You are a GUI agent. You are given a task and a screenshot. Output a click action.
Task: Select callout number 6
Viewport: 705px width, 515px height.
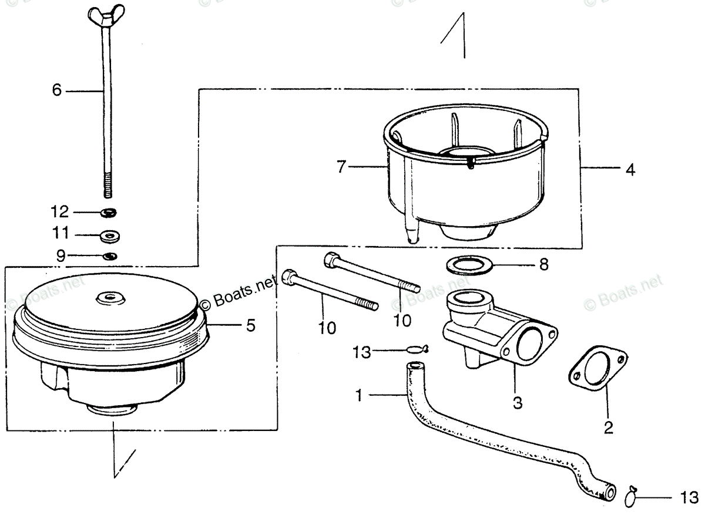click(57, 90)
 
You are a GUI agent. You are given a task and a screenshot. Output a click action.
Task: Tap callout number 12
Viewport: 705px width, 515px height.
click(61, 211)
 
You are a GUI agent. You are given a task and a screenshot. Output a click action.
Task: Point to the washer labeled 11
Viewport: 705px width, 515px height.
click(109, 235)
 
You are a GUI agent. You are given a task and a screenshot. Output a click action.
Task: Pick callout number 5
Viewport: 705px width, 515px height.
click(250, 325)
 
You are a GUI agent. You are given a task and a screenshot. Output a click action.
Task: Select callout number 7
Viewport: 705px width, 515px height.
click(341, 167)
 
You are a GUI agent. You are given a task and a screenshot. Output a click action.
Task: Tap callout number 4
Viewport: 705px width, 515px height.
click(630, 170)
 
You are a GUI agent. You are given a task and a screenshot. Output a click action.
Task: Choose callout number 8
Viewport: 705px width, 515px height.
click(543, 265)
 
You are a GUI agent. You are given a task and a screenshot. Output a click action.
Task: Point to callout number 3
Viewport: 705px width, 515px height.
click(517, 404)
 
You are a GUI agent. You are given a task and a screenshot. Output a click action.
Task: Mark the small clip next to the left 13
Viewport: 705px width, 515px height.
click(417, 349)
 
